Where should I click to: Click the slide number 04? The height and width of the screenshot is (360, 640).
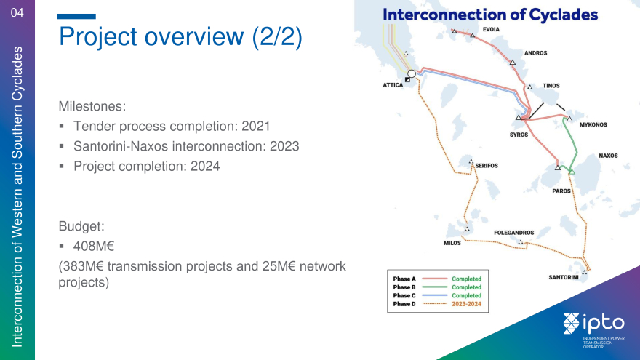point(17,12)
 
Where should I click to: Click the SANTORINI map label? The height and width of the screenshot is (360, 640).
point(563,278)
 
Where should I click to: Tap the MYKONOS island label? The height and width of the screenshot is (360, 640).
point(593,125)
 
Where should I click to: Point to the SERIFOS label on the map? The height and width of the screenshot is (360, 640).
point(487,166)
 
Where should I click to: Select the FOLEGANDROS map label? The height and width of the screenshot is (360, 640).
point(514,233)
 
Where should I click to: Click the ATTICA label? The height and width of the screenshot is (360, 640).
point(393,85)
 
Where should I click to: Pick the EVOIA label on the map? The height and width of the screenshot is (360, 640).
point(491,29)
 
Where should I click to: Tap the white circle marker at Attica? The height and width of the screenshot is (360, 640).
point(412,74)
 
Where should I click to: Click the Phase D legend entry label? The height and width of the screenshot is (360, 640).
point(404,304)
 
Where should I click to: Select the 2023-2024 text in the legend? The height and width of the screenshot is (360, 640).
point(466,304)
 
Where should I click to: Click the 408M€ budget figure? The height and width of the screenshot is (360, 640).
point(94,246)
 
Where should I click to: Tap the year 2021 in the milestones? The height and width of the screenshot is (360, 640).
point(256,126)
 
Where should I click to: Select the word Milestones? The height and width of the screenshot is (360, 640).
point(92,106)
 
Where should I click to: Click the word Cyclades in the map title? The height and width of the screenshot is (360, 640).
point(563,15)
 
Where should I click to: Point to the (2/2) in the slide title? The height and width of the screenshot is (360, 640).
point(277,37)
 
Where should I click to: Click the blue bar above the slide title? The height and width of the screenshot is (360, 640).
point(76,16)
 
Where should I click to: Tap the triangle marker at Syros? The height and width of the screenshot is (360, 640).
point(519,118)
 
